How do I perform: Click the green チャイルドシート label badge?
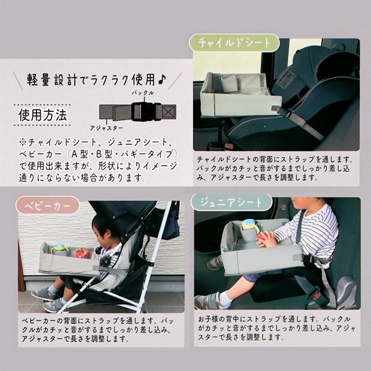point(234,43)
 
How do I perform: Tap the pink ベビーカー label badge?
point(48,205)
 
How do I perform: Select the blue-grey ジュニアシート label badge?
point(231,203)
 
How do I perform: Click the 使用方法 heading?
point(43,115)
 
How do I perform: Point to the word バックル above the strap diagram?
point(143,93)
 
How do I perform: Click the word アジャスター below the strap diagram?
point(106,128)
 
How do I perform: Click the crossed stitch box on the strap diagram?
point(169,111)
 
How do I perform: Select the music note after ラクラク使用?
point(162,80)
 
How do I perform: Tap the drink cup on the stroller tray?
point(59,249)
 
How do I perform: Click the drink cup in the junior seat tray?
point(250,228)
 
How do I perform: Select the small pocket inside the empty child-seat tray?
point(229,84)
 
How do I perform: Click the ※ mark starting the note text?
point(22,142)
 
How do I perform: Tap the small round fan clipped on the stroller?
point(105,260)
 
